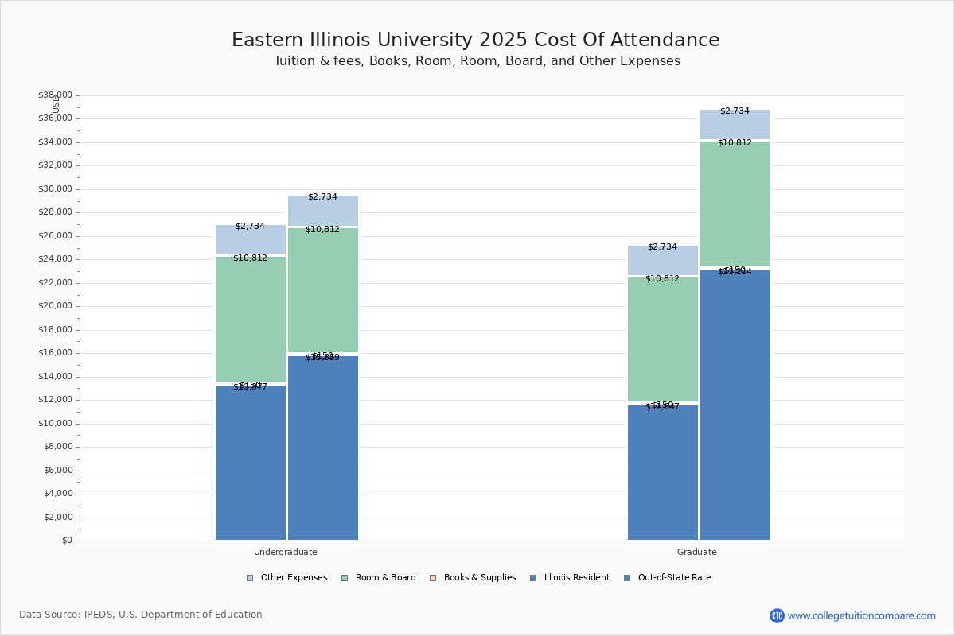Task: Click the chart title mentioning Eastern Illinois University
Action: point(475,41)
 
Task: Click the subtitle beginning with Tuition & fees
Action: point(477,61)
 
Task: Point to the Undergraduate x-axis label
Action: point(285,552)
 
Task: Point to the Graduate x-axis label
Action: point(696,552)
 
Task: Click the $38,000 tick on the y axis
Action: point(55,95)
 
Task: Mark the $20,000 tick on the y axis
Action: point(55,306)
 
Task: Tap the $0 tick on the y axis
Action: point(67,541)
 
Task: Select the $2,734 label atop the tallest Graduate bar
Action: point(735,111)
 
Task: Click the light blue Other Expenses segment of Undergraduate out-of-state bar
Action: point(323,211)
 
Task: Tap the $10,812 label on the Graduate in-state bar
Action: point(662,279)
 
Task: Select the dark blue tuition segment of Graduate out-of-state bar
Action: point(735,405)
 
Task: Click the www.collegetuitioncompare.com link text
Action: point(861,615)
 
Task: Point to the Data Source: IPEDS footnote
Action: point(141,615)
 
